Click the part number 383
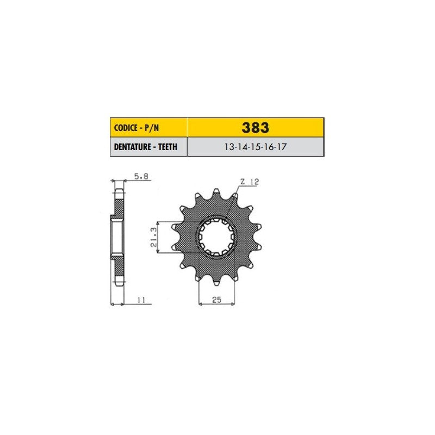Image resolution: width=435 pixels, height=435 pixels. click(255, 128)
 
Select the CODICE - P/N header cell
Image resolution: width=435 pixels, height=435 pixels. click(148, 128)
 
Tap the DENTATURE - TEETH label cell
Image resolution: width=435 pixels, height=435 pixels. click(148, 147)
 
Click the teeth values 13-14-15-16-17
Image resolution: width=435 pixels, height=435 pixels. click(255, 147)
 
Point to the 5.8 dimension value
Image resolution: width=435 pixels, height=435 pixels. click(141, 176)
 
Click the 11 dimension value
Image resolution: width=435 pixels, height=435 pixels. click(141, 300)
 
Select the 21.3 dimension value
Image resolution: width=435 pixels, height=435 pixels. click(154, 237)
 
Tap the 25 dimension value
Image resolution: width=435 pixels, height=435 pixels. click(216, 300)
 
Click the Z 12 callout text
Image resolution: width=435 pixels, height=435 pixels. click(250, 182)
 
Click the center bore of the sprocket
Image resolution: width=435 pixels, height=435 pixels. click(216, 237)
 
